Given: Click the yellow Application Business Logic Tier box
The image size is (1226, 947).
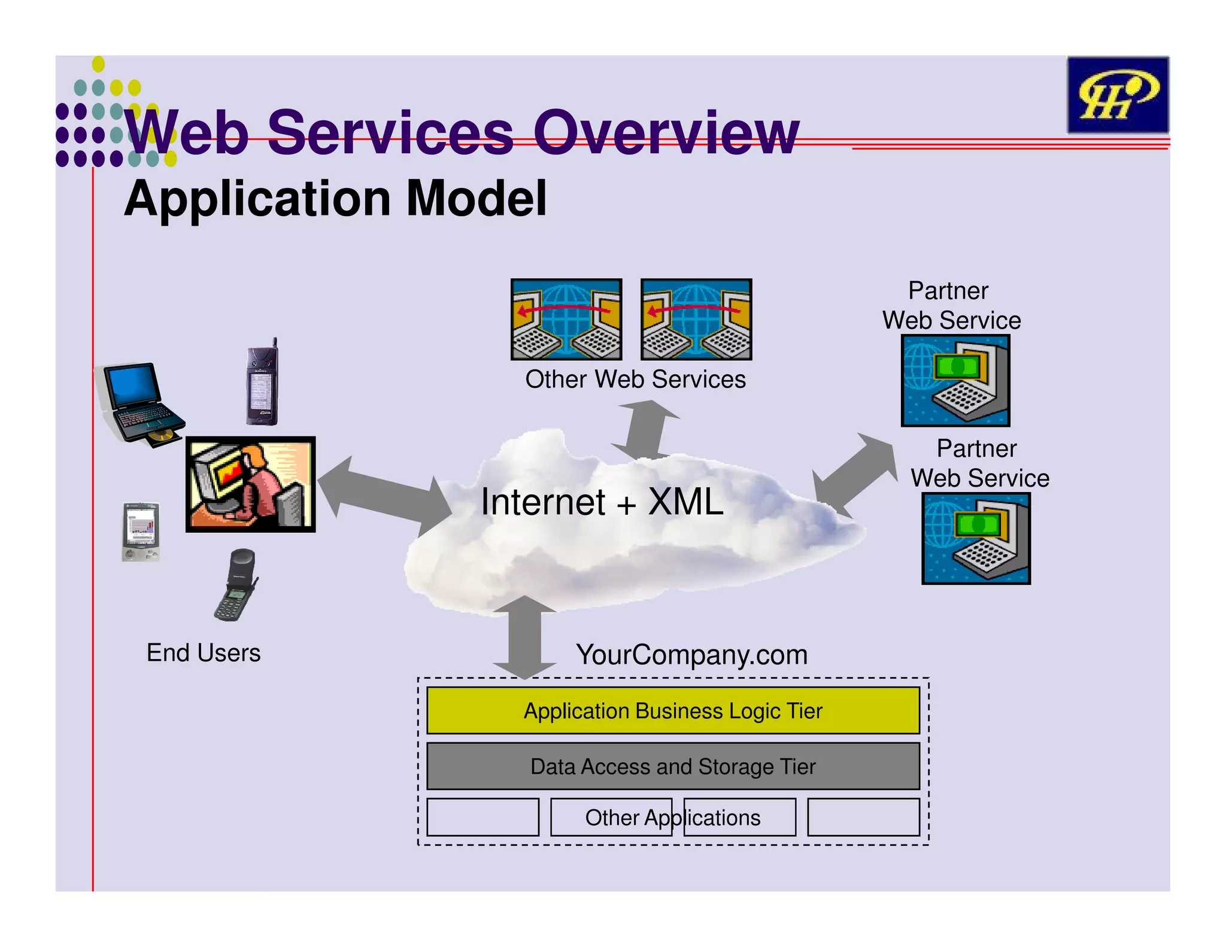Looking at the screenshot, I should point(673,711).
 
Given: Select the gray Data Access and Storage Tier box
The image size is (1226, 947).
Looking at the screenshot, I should point(673,766).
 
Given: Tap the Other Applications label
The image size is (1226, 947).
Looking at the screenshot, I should point(673,818).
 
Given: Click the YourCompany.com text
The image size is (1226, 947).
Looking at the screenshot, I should point(691,655).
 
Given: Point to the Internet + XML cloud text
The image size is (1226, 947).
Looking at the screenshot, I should point(602,502).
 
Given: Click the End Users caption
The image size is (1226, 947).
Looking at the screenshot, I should point(204,653).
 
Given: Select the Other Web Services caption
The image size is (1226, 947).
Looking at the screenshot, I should point(635,380).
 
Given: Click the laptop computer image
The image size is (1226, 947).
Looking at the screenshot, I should point(139,404).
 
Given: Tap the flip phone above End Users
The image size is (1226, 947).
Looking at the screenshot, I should point(236,585).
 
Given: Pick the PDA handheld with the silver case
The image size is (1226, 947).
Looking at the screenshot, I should point(141,532).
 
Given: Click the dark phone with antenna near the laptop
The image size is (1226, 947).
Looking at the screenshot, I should point(263,383).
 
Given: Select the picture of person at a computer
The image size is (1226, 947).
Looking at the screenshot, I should point(250,484).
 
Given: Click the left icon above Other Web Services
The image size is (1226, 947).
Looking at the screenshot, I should point(566,319).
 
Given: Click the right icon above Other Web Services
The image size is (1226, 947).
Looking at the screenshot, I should point(696,319).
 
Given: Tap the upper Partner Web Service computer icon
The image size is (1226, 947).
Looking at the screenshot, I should point(955,381).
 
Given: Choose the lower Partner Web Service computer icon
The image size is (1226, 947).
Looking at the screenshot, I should point(976,538).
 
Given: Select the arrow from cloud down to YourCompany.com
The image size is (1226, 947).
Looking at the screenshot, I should point(524,638).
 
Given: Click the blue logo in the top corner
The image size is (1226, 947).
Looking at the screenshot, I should point(1118,95).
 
